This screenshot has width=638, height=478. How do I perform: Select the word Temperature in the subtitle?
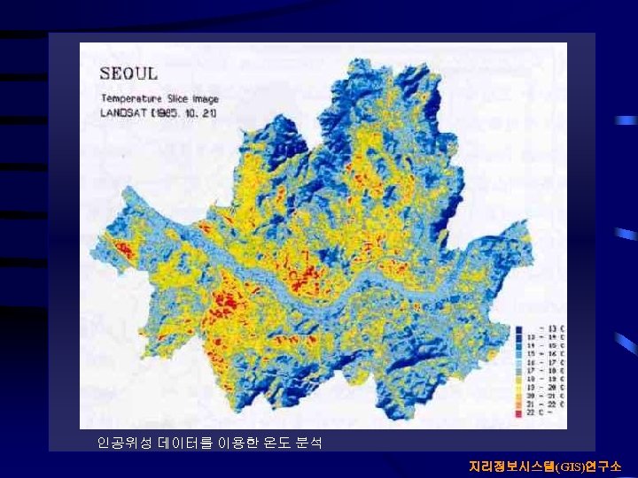coord(129,98)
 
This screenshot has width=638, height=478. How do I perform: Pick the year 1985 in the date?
coord(166,112)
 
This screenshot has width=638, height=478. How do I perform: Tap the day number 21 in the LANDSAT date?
coord(206,112)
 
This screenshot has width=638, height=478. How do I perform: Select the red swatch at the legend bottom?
coord(518,412)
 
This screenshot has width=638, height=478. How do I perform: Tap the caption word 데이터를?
coord(183,442)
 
